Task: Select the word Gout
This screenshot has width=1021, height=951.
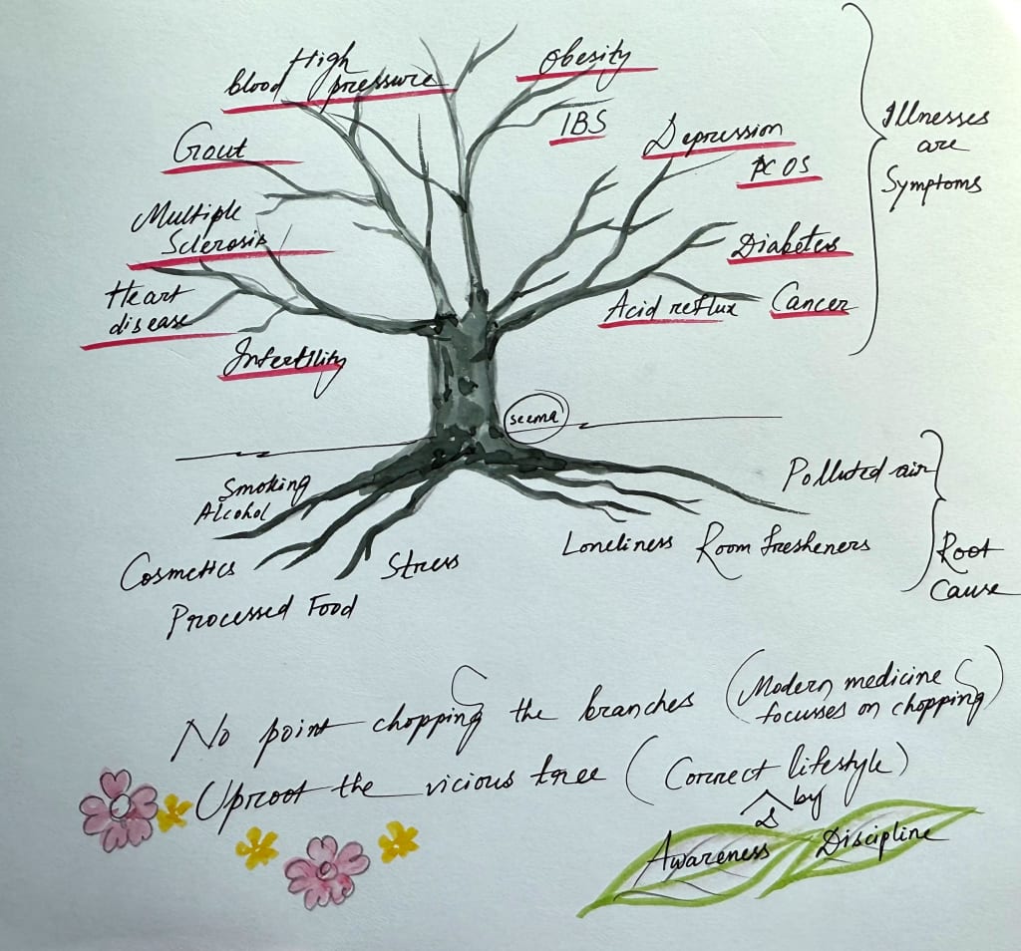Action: click(x=211, y=151)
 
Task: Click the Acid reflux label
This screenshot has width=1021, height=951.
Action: click(x=670, y=307)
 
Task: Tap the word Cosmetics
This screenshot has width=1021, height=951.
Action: click(x=177, y=571)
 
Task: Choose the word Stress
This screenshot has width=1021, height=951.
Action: click(x=422, y=565)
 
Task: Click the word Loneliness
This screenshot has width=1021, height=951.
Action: click(x=617, y=544)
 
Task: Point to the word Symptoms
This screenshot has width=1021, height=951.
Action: click(x=932, y=185)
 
